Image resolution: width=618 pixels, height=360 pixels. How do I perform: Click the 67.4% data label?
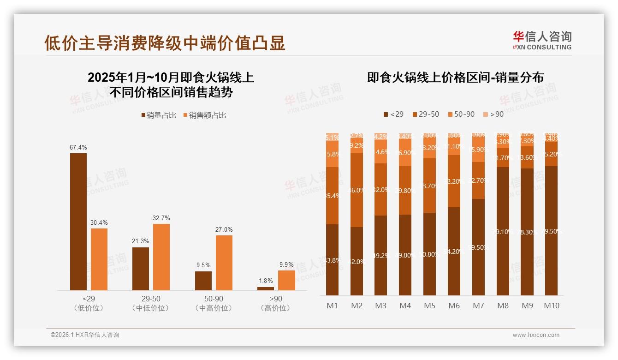78,147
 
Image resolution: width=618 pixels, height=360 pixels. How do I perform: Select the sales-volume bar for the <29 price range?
78,222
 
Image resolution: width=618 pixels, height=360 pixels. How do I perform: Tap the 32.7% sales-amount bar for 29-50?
161,257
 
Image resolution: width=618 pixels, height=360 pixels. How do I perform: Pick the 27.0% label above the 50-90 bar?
224,229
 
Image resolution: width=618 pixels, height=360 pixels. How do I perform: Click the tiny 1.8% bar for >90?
266,288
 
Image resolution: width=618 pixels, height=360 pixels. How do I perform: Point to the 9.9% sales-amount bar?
286,280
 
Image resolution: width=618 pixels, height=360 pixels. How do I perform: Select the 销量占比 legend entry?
159,115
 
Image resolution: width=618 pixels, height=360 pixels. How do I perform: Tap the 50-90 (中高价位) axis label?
214,303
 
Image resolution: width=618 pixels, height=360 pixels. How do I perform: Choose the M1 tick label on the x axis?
332,306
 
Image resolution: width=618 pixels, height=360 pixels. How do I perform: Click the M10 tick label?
551,306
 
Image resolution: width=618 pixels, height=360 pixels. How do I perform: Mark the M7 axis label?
478,306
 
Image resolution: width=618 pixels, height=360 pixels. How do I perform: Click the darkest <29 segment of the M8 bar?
503,231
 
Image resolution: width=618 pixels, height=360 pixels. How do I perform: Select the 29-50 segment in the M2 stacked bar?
357,190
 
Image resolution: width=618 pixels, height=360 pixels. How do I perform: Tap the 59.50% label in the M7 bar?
478,247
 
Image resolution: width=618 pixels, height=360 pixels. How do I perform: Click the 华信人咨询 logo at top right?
542,40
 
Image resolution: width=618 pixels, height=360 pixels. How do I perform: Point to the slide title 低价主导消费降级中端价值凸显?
165,42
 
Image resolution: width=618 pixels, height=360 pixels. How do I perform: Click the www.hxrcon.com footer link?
536,335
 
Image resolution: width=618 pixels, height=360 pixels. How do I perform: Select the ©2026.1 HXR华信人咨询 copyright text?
85,335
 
